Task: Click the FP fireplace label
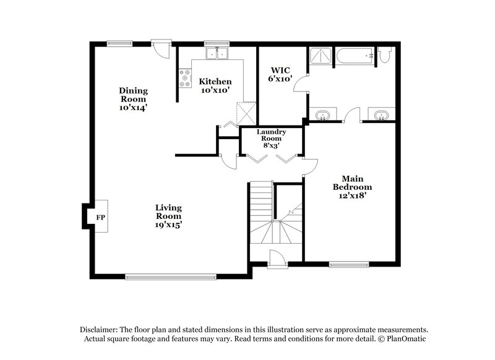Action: coord(100,217)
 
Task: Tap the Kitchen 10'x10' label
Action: coord(215,85)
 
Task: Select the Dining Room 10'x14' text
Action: coord(133,99)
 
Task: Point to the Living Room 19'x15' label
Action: coord(168,216)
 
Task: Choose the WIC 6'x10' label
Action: coord(275,75)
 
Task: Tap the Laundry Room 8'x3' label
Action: coord(272,138)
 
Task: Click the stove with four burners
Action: coord(185,77)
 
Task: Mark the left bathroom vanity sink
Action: coord(322,116)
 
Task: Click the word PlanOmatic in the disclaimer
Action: coord(406,339)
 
